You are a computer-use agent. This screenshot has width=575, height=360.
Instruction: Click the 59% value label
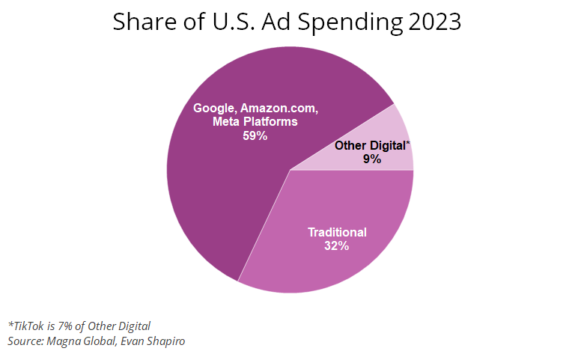click(x=255, y=135)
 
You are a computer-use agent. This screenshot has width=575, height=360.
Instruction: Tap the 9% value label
click(x=372, y=159)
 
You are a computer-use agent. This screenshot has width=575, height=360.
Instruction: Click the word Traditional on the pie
click(x=338, y=232)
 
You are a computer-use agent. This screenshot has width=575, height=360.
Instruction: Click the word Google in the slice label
click(x=214, y=108)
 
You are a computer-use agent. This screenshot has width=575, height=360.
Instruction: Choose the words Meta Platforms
click(x=255, y=121)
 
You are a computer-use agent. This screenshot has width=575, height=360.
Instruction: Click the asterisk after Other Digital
click(x=408, y=143)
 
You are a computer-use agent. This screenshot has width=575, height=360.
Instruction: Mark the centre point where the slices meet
click(x=290, y=170)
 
